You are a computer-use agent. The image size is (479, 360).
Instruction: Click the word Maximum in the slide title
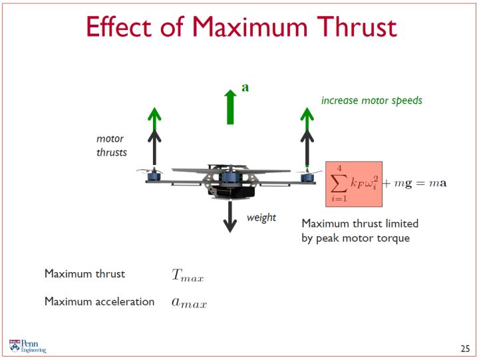[x=249, y=27]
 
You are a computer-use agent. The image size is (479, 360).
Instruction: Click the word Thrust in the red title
[x=357, y=27]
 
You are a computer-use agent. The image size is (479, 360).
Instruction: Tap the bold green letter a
[x=245, y=87]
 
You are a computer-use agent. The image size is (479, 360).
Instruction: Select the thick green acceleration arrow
[x=230, y=107]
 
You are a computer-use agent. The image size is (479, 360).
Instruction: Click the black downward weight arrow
[x=230, y=217]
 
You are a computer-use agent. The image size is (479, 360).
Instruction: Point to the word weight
[x=261, y=218]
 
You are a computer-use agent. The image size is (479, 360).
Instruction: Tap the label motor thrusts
[x=112, y=146]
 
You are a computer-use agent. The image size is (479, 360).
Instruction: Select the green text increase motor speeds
[x=372, y=100]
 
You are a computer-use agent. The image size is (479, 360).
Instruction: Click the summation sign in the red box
[x=339, y=184]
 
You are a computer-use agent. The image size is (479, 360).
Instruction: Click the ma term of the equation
[x=438, y=183]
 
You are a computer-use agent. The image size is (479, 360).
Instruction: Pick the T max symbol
[x=187, y=275]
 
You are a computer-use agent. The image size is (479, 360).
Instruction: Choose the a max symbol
[x=189, y=303]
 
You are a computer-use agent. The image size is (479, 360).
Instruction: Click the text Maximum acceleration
[x=100, y=301]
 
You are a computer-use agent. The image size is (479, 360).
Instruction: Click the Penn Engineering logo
[x=27, y=346]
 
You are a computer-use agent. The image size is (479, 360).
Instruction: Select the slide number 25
[x=465, y=349]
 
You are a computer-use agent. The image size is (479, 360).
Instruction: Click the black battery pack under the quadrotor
[x=232, y=191]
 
